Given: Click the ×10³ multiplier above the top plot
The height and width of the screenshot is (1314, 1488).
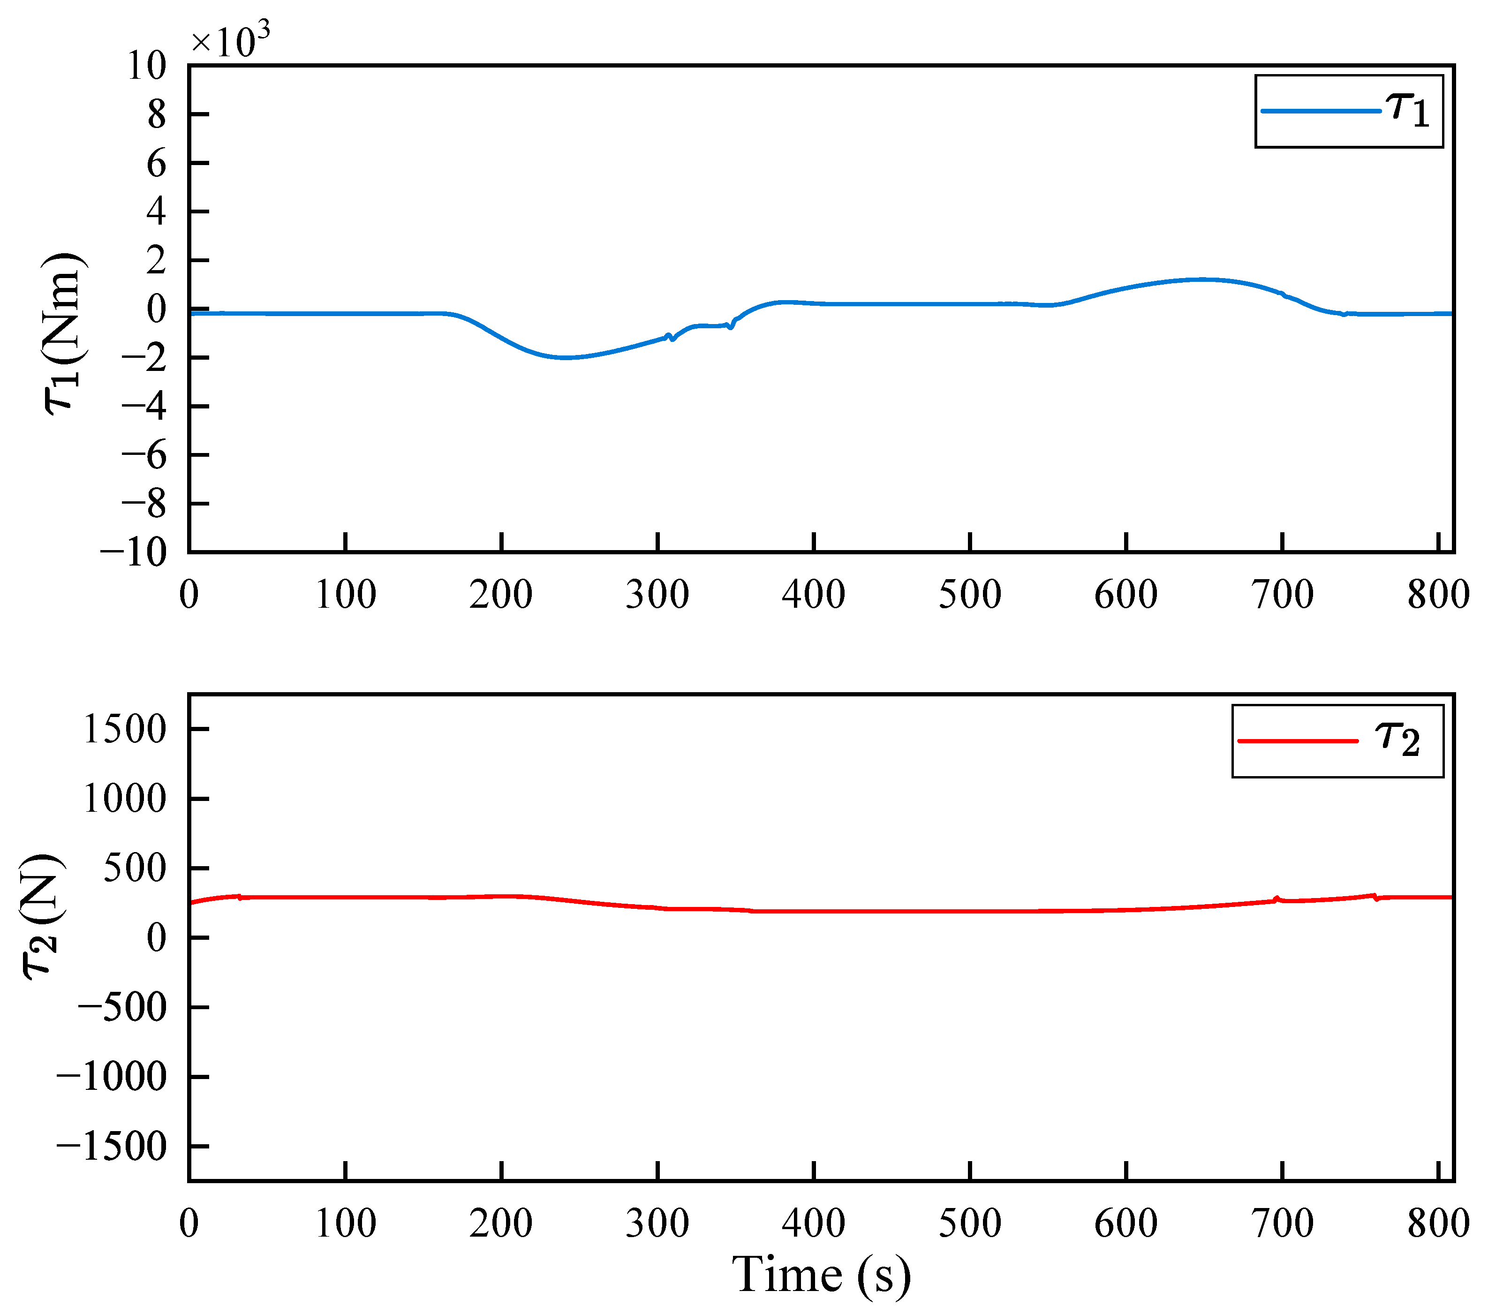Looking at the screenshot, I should click(x=230, y=40).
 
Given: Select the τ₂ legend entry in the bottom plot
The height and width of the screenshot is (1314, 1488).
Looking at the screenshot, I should click(x=1337, y=741).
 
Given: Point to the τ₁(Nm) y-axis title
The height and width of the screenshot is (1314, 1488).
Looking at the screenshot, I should click(x=64, y=333).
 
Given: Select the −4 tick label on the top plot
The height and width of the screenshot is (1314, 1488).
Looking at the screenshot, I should click(x=144, y=406).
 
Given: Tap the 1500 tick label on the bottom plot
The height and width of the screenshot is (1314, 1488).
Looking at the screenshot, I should click(x=125, y=729).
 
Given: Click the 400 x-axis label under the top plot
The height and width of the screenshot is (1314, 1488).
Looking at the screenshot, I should click(x=813, y=595).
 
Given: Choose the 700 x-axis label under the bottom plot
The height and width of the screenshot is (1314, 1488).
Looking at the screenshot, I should click(x=1282, y=1223).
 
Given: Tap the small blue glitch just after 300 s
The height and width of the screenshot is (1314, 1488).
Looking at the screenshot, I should click(x=671, y=337).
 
